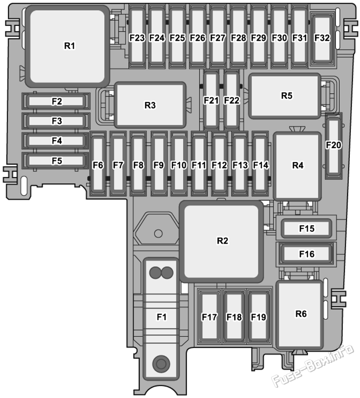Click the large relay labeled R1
(x=68, y=46)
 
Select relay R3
(x=150, y=105)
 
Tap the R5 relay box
(x=285, y=96)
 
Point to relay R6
(x=300, y=314)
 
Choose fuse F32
(x=322, y=38)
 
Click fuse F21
(x=211, y=100)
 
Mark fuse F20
(x=334, y=147)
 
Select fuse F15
(x=306, y=229)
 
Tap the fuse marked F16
(x=306, y=254)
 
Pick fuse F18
(x=234, y=316)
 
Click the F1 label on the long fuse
(x=162, y=317)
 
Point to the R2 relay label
(x=222, y=241)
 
